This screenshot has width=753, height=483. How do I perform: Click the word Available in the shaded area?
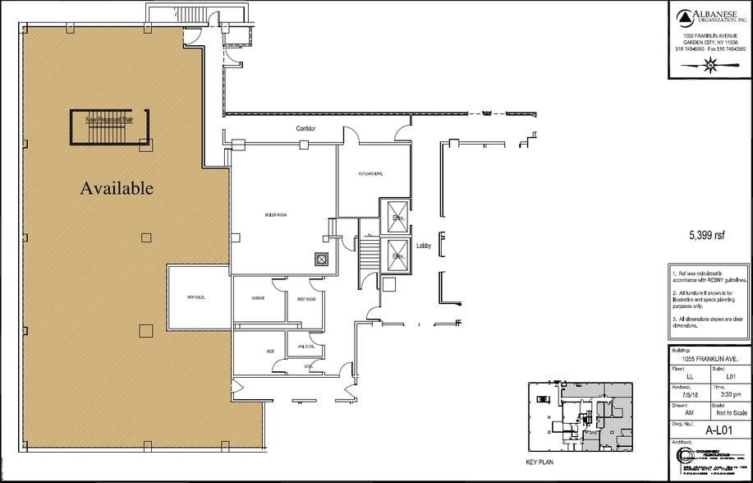[x=117, y=188]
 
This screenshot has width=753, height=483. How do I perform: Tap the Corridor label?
[x=306, y=129]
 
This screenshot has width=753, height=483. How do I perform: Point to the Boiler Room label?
[x=275, y=214]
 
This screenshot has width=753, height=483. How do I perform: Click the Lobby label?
[x=424, y=246]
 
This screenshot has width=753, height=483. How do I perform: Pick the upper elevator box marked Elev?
[x=398, y=217]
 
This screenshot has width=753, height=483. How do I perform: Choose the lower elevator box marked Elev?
[x=398, y=255]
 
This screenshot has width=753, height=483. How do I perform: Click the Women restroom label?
[x=258, y=297]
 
